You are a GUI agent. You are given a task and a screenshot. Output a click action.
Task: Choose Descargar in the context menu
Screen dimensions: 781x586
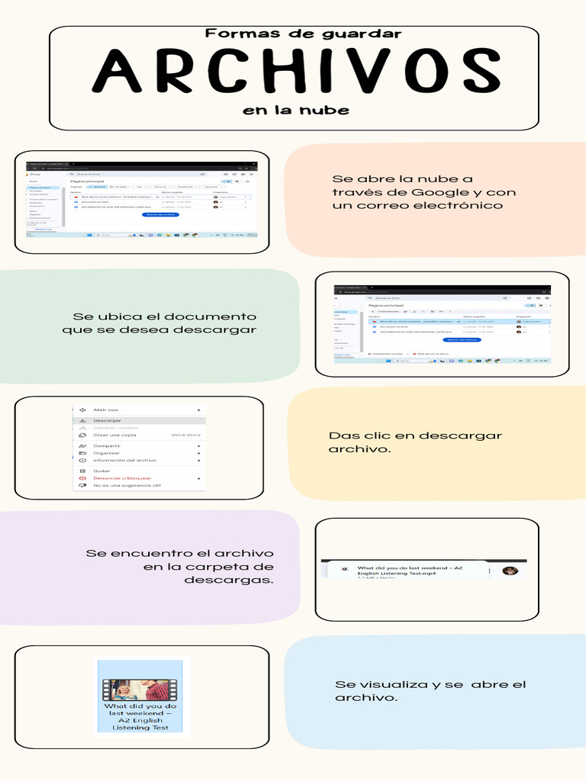pos(107,420)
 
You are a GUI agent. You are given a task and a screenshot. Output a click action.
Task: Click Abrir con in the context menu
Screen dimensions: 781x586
pos(105,410)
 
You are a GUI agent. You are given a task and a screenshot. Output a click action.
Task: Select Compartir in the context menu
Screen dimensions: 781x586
pos(107,445)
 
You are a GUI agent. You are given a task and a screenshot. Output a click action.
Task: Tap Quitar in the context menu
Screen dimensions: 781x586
pos(101,471)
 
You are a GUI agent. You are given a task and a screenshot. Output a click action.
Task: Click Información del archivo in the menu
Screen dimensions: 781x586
pos(124,460)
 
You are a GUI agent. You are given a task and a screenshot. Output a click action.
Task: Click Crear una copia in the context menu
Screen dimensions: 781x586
pos(114,435)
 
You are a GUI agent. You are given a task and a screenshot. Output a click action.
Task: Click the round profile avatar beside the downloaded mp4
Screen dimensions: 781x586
pos(510,570)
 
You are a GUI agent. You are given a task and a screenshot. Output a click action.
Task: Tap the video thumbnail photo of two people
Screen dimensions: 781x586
pos(141,689)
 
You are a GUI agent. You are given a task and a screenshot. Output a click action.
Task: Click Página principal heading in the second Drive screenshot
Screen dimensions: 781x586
pos(385,305)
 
